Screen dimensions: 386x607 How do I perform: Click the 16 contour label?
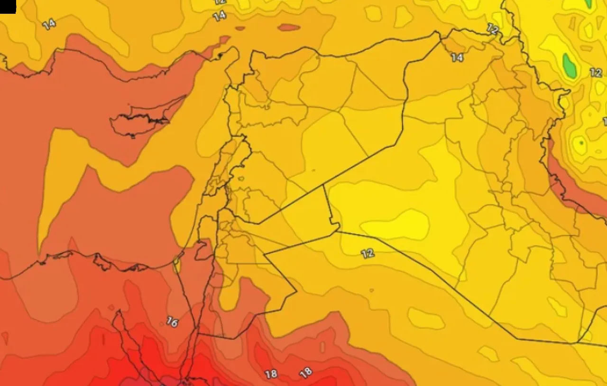172,322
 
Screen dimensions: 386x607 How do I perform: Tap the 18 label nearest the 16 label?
271,374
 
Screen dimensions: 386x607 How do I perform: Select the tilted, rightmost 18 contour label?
306,372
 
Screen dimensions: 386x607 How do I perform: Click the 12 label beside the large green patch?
596,73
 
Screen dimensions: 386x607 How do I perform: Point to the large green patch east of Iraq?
569,66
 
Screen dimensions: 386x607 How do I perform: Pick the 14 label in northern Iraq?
457,57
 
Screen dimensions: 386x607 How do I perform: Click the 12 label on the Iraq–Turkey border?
493,29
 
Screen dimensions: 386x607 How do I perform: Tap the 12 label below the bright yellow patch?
368,253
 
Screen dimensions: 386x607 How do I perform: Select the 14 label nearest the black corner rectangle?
49,24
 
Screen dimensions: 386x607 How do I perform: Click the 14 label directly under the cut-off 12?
219,16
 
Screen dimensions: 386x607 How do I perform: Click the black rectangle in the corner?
8,6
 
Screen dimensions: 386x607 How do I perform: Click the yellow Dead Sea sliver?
177,264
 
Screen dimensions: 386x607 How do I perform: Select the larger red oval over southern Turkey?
289,27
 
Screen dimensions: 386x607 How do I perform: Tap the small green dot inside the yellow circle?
580,142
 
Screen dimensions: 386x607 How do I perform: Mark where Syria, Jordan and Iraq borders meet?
324,185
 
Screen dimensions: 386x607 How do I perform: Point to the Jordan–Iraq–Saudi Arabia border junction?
339,231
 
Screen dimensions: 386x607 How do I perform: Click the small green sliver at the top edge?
589,4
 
